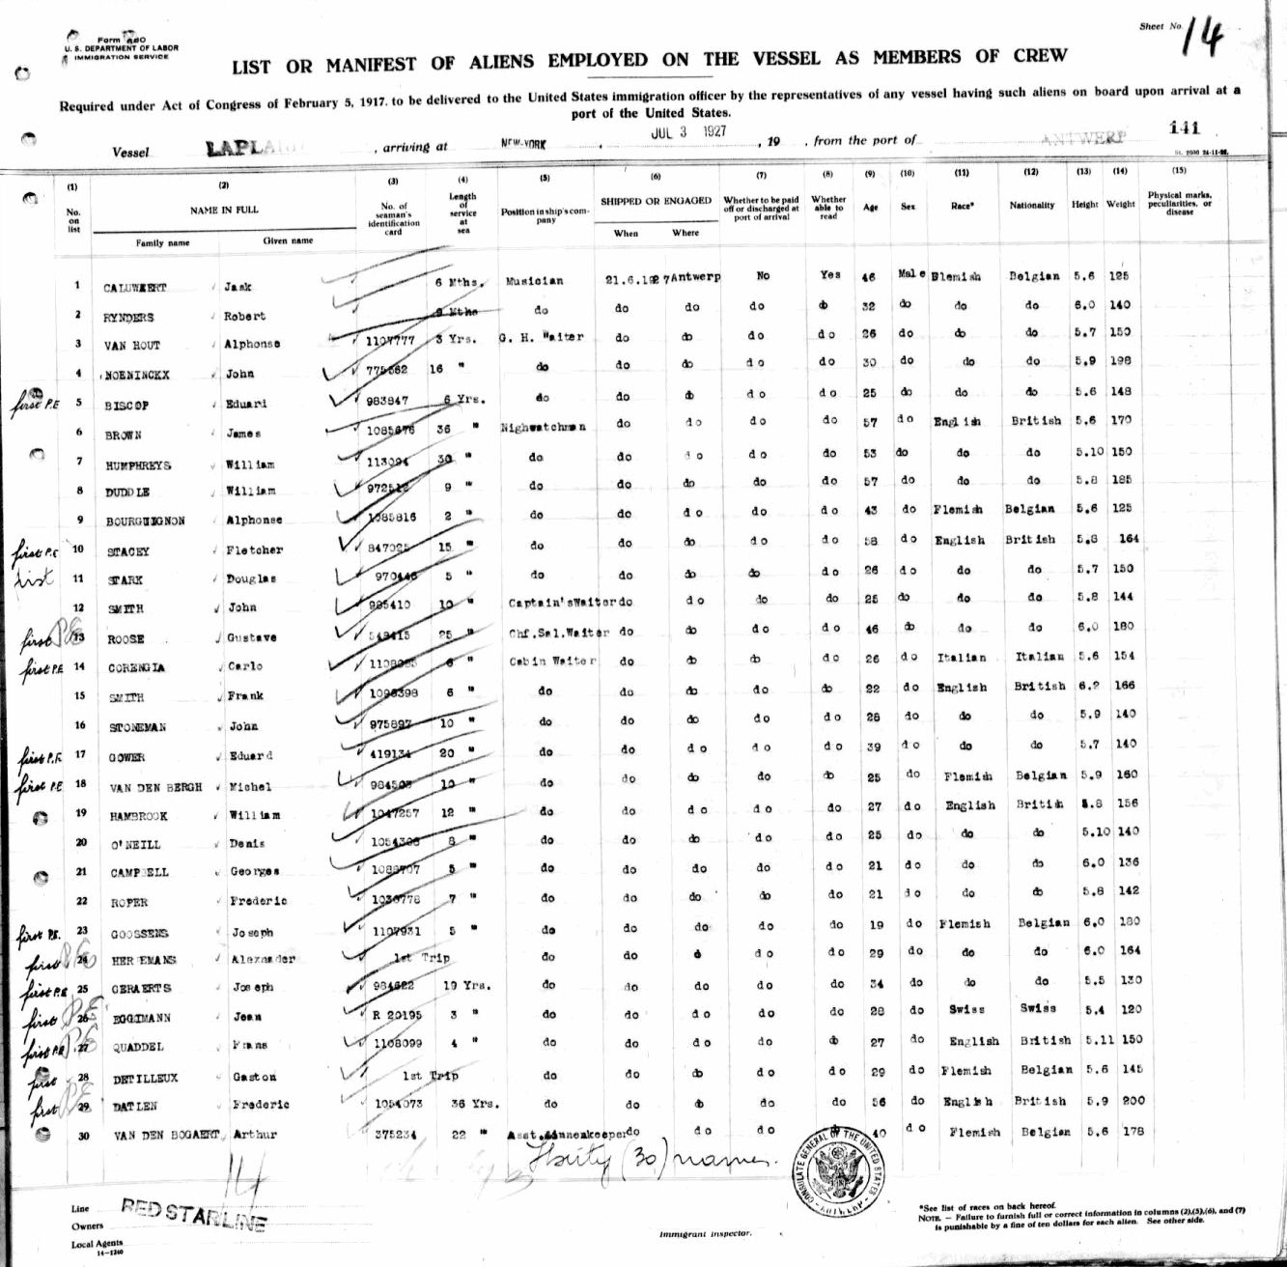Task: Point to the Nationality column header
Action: click(x=1032, y=206)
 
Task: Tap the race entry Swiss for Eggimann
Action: click(x=966, y=1008)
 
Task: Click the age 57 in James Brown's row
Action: click(x=869, y=422)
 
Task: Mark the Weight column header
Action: click(x=1120, y=205)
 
